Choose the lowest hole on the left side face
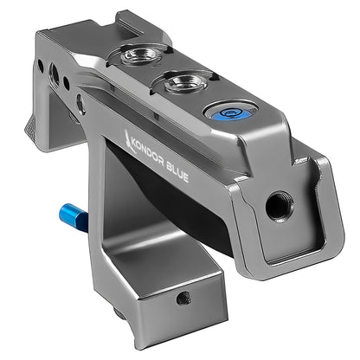80,106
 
